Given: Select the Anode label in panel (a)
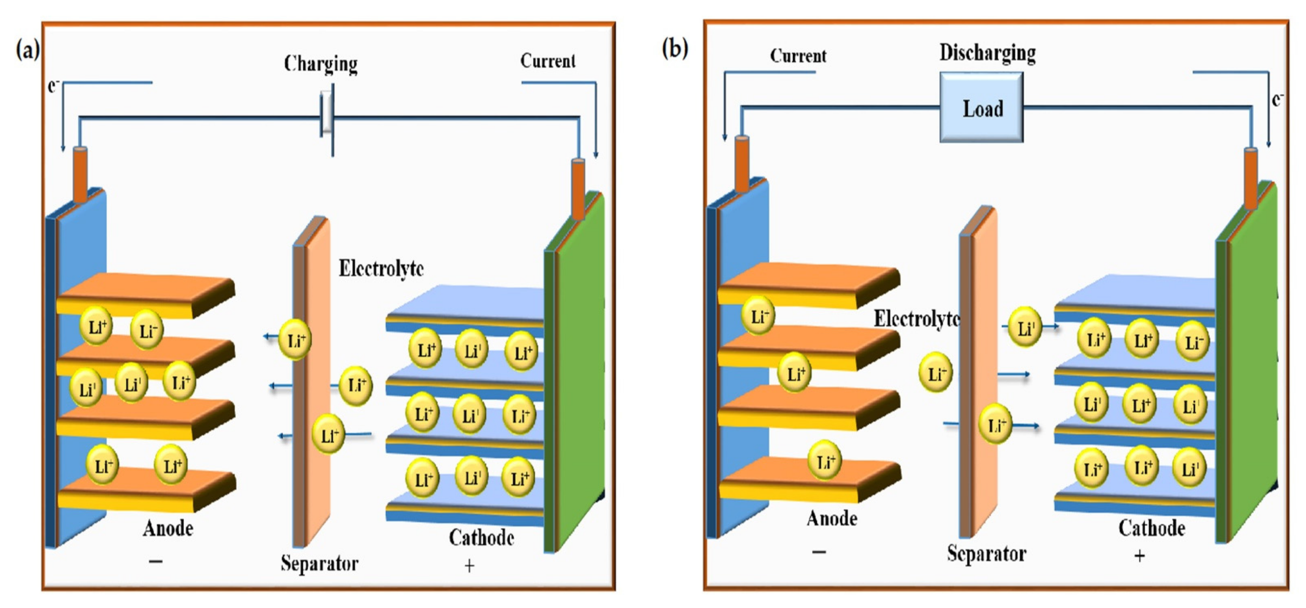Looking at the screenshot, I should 168,528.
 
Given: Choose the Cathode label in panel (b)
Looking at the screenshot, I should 1151,528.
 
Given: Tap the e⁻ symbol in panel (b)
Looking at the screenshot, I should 1277,100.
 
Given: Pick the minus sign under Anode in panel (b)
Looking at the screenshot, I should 819,552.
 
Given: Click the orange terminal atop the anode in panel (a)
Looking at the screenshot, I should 80,174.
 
